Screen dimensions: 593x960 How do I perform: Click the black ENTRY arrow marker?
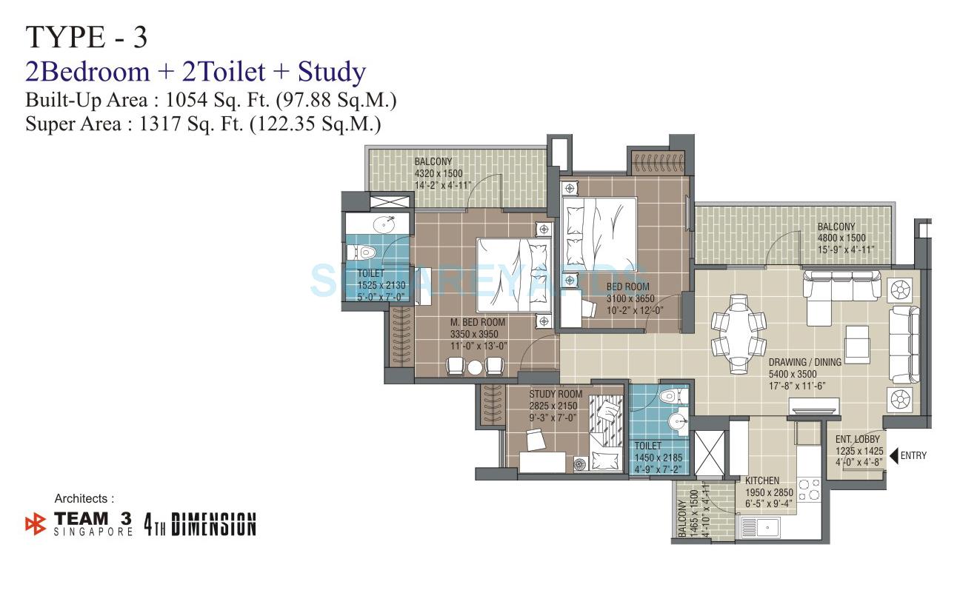[x=895, y=455]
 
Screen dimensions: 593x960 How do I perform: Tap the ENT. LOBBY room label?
[x=858, y=440]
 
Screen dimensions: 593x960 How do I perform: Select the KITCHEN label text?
[x=763, y=480]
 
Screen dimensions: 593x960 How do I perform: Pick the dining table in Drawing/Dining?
[x=738, y=334]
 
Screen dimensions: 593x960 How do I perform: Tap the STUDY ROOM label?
[x=556, y=395]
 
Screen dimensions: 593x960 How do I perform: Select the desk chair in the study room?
[x=536, y=440]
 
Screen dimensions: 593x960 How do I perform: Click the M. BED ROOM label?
[x=478, y=323]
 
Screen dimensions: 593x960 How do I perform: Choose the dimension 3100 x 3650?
[x=628, y=298]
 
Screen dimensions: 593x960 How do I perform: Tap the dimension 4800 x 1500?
[x=841, y=238]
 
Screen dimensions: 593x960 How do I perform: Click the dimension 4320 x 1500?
[x=439, y=173]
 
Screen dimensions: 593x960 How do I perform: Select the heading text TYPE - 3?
[x=87, y=37]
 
